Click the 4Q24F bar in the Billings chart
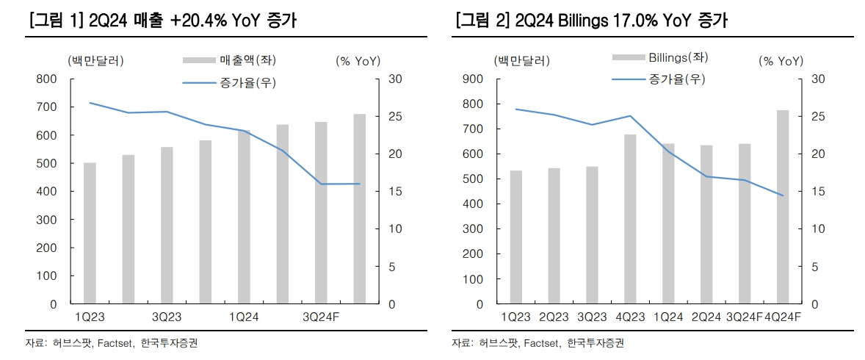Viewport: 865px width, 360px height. click(x=783, y=206)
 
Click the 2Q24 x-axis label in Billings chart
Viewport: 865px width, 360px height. click(x=706, y=317)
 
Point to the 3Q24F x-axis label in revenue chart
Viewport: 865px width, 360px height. click(x=322, y=317)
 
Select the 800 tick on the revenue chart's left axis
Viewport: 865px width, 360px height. click(x=47, y=79)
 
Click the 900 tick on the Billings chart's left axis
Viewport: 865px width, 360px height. click(x=474, y=79)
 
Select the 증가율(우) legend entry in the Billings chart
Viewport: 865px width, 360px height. click(x=676, y=79)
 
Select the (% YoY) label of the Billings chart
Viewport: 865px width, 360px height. click(x=781, y=61)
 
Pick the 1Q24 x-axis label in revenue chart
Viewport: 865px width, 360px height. click(x=243, y=317)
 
